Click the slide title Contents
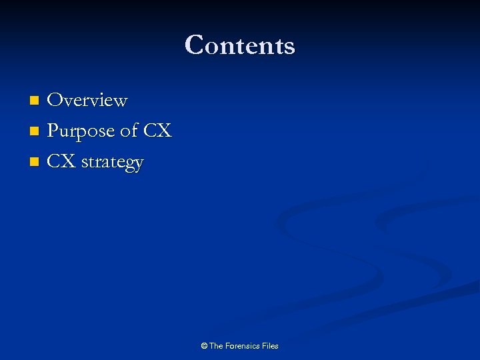click(x=240, y=45)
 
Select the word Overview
click(x=87, y=100)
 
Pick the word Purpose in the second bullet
click(x=81, y=131)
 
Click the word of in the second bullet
click(x=129, y=131)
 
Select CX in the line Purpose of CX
click(x=157, y=131)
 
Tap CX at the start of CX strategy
click(x=62, y=162)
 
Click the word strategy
click(x=113, y=163)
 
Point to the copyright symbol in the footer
click(x=204, y=346)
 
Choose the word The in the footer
click(x=217, y=346)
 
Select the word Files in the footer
click(x=271, y=346)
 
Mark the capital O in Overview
click(x=55, y=100)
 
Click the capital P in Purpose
click(x=53, y=131)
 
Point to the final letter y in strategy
click(x=139, y=165)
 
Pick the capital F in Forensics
click(x=229, y=346)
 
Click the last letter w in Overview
click(x=120, y=101)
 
